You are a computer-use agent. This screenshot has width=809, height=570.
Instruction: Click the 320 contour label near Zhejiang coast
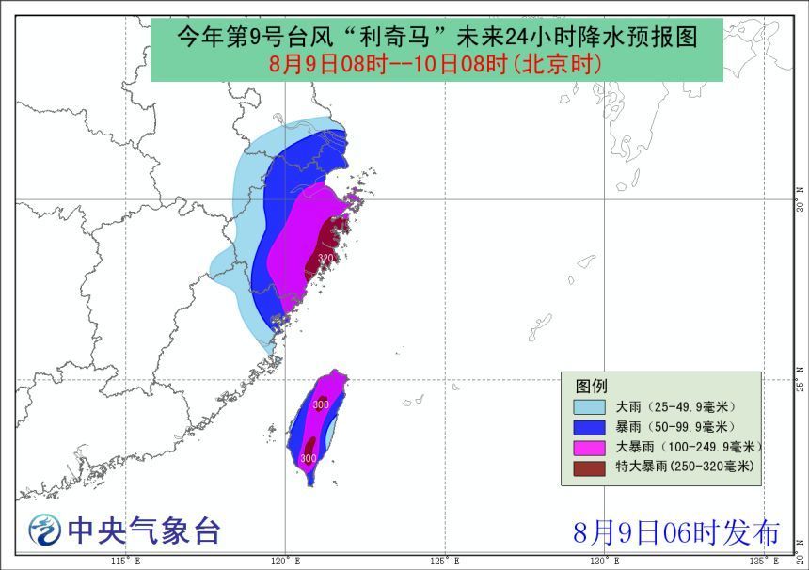tap(325, 258)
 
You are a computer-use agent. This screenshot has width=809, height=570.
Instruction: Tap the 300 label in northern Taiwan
tap(321, 404)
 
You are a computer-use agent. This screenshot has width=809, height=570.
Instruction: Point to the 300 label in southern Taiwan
tap(308, 458)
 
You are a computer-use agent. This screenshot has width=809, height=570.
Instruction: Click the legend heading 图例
tap(592, 386)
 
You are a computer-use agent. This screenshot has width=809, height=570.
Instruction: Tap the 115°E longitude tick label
tap(125, 562)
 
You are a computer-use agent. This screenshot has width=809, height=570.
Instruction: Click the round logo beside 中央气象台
tap(43, 531)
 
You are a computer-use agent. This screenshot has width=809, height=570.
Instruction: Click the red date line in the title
tap(436, 65)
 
